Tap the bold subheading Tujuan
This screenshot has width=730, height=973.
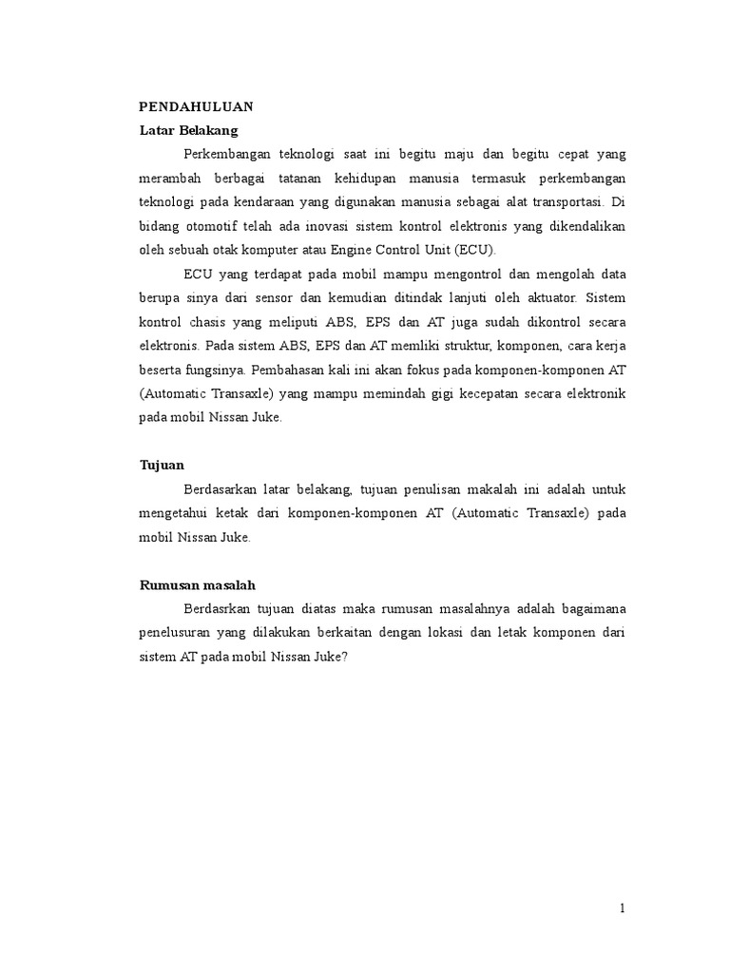[162, 466]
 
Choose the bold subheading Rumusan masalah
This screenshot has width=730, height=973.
[198, 585]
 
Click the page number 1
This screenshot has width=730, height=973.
[623, 908]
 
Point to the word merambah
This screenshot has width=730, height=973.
[170, 179]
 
